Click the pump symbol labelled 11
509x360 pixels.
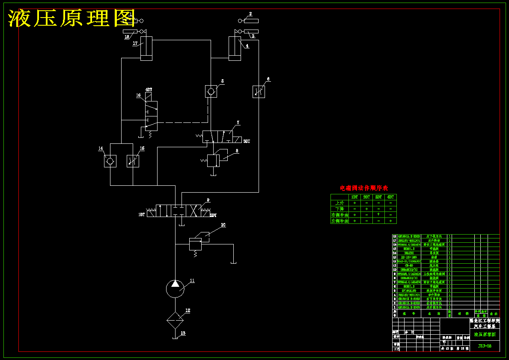(175, 288)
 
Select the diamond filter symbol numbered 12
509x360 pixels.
(175, 319)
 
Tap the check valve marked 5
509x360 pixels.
(211, 91)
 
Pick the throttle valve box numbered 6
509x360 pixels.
(259, 92)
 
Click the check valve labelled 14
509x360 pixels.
(110, 161)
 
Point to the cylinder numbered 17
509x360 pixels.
(146, 48)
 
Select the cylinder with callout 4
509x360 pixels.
(235, 48)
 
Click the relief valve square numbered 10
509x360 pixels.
(195, 244)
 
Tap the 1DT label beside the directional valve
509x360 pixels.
(141, 214)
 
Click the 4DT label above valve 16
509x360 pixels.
(149, 89)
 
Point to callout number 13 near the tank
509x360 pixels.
(183, 333)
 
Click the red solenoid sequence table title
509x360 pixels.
(363, 188)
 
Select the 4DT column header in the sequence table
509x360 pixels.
(390, 197)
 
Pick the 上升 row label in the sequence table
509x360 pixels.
(340, 203)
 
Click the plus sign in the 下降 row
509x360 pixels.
(366, 209)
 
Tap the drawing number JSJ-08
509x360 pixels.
(485, 346)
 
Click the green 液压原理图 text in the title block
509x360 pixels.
(485, 334)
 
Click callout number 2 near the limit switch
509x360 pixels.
(250, 14)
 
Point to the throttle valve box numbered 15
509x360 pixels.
(133, 161)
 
